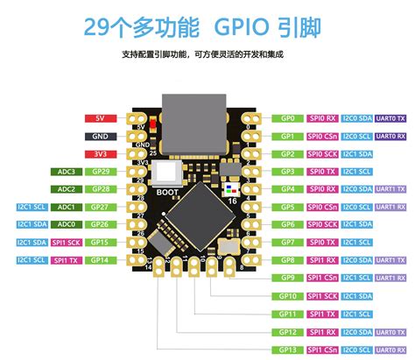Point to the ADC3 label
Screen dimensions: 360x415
67,172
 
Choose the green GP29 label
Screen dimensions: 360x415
100,172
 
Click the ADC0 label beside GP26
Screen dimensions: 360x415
67,224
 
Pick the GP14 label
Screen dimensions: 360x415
100,260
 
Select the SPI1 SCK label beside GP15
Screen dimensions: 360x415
67,243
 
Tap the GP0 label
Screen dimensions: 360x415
287,117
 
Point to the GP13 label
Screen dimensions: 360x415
287,349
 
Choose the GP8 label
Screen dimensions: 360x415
287,260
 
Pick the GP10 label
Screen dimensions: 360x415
287,296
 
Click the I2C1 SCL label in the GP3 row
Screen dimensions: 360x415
356,171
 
